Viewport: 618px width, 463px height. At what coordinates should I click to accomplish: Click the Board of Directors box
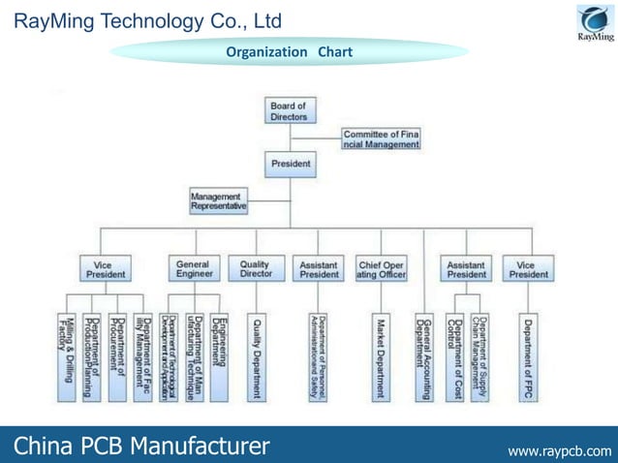point(289,110)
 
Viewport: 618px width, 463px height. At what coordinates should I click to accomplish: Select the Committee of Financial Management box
point(381,139)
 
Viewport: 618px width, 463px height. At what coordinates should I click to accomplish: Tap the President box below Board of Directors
point(290,164)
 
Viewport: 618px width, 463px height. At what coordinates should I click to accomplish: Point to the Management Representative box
point(218,201)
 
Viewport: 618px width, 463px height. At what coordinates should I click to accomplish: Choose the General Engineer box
point(194,268)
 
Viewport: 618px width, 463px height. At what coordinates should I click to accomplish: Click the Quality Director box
point(256,268)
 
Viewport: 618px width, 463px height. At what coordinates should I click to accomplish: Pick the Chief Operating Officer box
point(381,268)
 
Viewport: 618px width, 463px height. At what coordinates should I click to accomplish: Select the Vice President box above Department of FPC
point(528,268)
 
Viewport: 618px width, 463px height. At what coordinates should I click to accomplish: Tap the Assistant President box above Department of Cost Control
point(466,268)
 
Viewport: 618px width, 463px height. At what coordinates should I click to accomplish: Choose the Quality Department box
point(257,356)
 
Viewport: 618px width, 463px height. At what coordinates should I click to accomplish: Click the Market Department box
point(381,356)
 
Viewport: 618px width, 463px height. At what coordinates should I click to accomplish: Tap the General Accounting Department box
point(422,356)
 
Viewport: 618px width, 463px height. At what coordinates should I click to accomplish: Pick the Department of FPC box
point(528,356)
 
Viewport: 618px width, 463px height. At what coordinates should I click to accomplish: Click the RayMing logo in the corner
point(595,23)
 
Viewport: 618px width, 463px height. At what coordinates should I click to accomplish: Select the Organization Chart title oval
point(289,51)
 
